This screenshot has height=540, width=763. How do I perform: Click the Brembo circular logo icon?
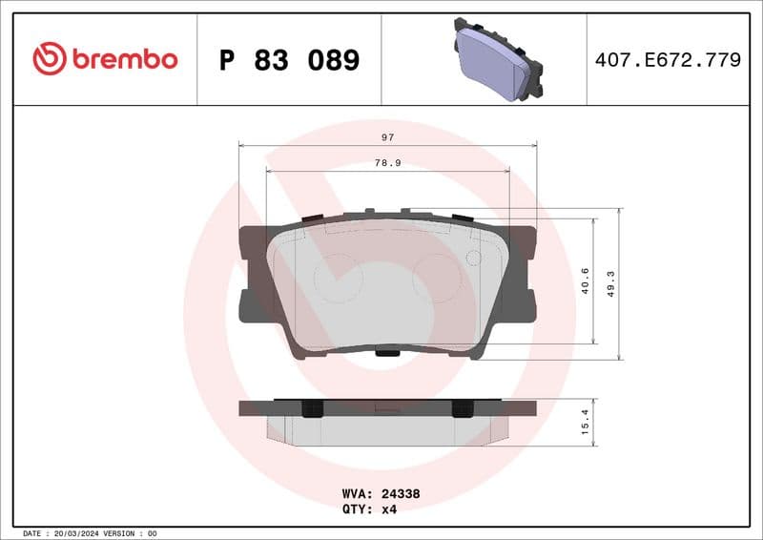tap(50, 59)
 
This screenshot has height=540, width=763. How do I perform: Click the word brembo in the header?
tap(123, 59)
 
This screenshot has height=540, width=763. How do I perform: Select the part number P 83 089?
tap(289, 60)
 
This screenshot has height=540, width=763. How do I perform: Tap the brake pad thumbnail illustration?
tap(496, 59)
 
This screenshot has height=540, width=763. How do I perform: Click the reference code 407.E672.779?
tap(668, 60)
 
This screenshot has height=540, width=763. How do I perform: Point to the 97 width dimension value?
tap(387, 137)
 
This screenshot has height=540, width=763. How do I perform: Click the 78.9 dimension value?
tap(387, 163)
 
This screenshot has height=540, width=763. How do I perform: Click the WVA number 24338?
tap(401, 494)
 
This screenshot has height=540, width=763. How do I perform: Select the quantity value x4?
tap(388, 509)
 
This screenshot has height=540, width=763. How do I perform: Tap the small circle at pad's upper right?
tap(472, 258)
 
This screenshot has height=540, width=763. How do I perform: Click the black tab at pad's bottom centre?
tap(386, 352)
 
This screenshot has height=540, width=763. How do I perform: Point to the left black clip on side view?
tap(310, 407)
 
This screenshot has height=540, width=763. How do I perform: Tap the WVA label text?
tap(357, 494)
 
